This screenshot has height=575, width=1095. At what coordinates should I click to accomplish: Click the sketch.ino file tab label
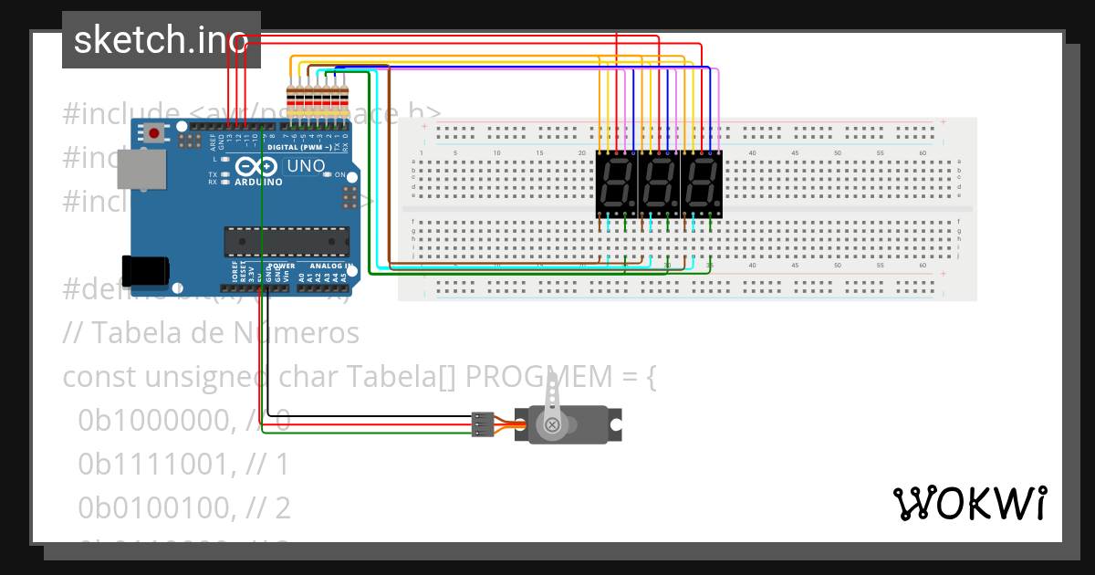161,40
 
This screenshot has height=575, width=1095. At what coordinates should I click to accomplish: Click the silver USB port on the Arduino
141,170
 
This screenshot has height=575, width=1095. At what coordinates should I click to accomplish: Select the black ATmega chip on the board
287,241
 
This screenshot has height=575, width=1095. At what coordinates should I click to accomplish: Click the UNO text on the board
305,166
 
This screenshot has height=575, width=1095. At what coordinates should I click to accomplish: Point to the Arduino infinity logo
253,167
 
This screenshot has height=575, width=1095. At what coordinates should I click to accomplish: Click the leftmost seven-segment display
616,184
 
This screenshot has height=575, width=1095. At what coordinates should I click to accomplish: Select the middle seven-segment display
659,184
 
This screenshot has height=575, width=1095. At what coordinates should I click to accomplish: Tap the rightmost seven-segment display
702,184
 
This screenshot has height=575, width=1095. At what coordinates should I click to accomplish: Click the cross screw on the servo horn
551,424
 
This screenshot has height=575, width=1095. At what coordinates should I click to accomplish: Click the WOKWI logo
969,503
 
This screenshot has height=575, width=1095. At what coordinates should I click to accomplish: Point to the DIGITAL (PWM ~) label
299,147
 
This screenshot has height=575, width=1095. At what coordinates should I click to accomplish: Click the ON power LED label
339,174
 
